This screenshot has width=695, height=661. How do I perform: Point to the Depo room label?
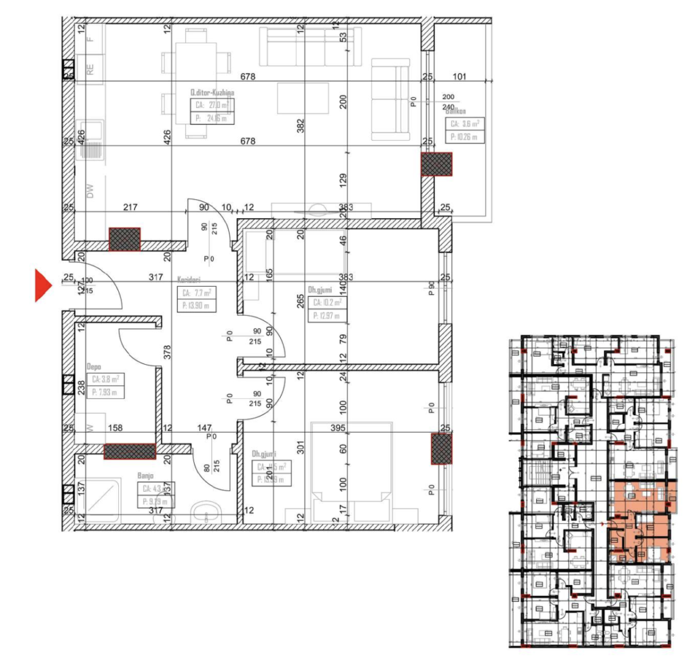[93, 365]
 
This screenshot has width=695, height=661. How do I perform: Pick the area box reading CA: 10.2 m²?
[326, 303]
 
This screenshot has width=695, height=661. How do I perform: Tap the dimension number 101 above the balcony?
[459, 77]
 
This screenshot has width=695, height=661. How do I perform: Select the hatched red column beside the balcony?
[436, 164]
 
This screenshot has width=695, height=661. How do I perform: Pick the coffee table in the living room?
[303, 98]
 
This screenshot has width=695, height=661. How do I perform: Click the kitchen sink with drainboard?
[90, 139]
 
